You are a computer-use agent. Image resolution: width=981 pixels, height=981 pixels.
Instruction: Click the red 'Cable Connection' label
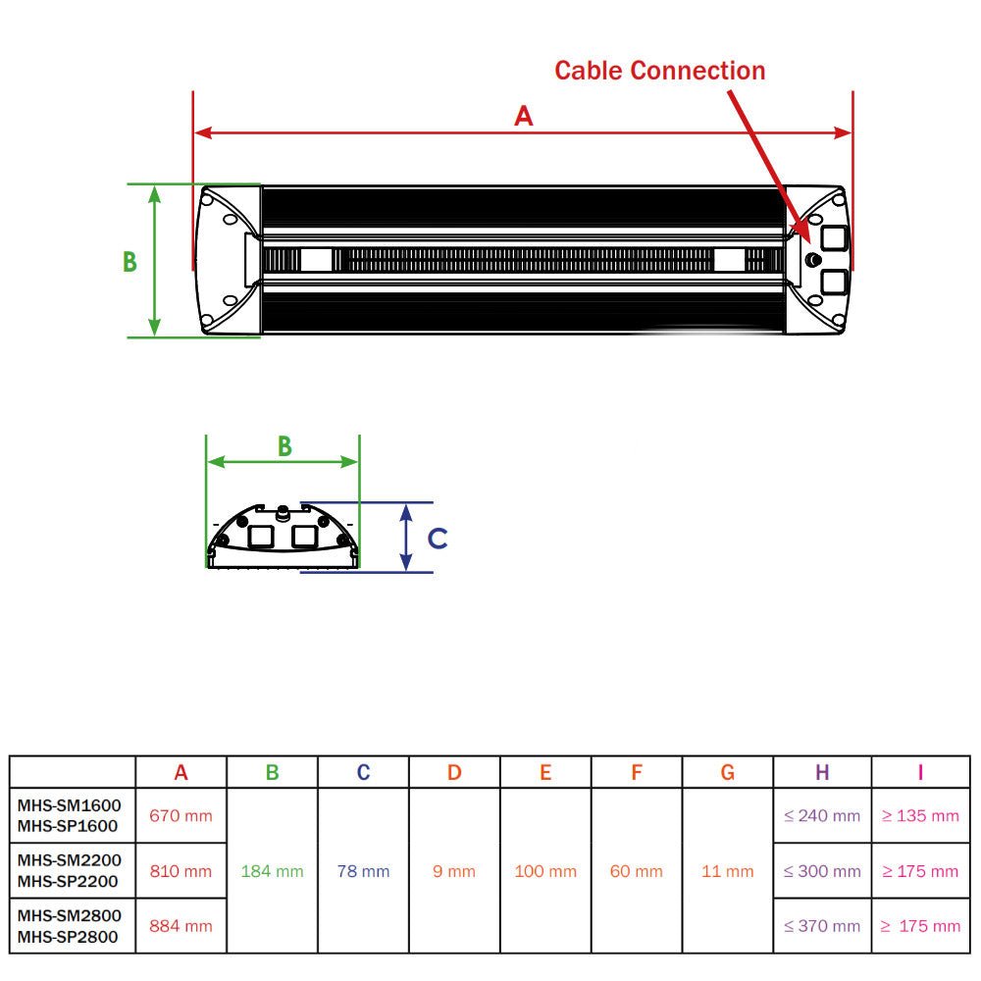click(x=659, y=71)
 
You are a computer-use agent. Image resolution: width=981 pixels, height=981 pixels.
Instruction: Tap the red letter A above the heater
click(x=525, y=116)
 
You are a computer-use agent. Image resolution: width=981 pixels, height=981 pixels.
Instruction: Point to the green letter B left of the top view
click(x=129, y=263)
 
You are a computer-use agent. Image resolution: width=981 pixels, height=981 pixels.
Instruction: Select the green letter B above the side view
click(x=284, y=446)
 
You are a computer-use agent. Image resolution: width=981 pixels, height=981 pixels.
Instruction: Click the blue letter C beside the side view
click(x=439, y=539)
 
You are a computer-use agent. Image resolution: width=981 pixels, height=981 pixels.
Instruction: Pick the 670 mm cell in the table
click(x=181, y=815)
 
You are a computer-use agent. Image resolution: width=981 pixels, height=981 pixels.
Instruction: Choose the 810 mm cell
click(x=181, y=870)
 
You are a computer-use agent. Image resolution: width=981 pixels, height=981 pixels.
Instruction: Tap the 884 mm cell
click(x=181, y=925)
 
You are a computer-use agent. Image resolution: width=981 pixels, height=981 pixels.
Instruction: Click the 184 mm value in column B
click(x=272, y=870)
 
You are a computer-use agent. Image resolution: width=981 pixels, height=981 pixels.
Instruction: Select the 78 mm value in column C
click(x=363, y=870)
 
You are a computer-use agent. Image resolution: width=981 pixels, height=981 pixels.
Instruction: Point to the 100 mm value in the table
click(x=545, y=870)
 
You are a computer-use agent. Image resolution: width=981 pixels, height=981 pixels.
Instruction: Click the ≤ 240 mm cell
click(x=822, y=815)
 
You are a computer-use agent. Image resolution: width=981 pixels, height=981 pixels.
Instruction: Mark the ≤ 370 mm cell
click(x=822, y=925)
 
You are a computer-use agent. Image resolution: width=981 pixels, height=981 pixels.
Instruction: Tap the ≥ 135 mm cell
click(x=920, y=815)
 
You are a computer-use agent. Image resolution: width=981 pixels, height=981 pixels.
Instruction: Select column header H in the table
click(x=822, y=773)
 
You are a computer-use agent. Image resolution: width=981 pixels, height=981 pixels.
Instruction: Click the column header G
click(x=727, y=773)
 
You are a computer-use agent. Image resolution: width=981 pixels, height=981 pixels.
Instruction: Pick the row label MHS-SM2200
click(x=69, y=860)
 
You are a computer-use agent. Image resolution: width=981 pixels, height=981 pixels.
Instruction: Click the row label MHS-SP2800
click(x=68, y=937)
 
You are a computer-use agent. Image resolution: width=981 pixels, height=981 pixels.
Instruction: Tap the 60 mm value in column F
click(x=637, y=870)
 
